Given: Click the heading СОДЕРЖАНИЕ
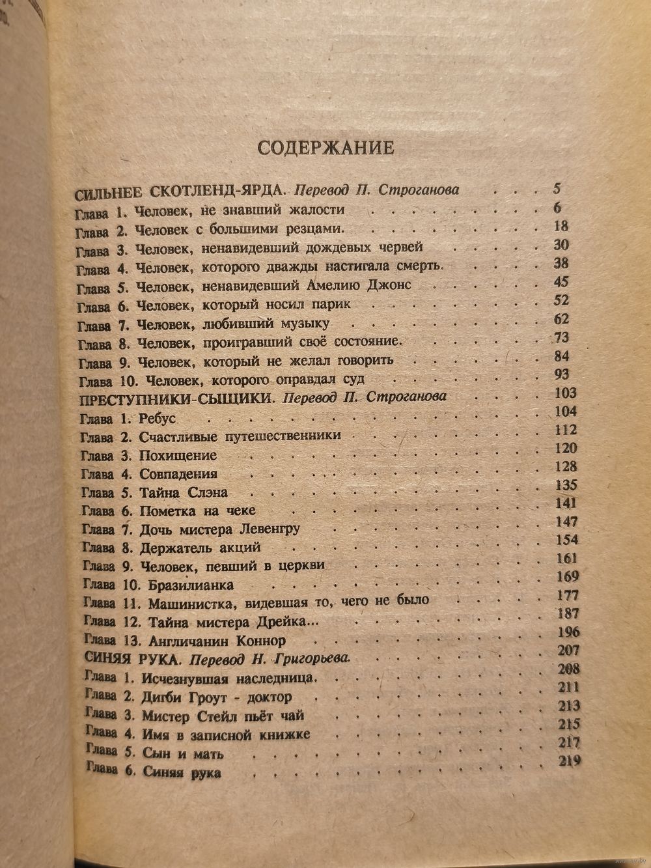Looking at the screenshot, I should (325, 147).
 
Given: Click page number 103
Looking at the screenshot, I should (562, 393).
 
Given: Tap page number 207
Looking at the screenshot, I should (564, 650).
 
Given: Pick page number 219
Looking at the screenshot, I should (569, 761).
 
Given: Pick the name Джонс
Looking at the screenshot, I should (380, 285).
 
